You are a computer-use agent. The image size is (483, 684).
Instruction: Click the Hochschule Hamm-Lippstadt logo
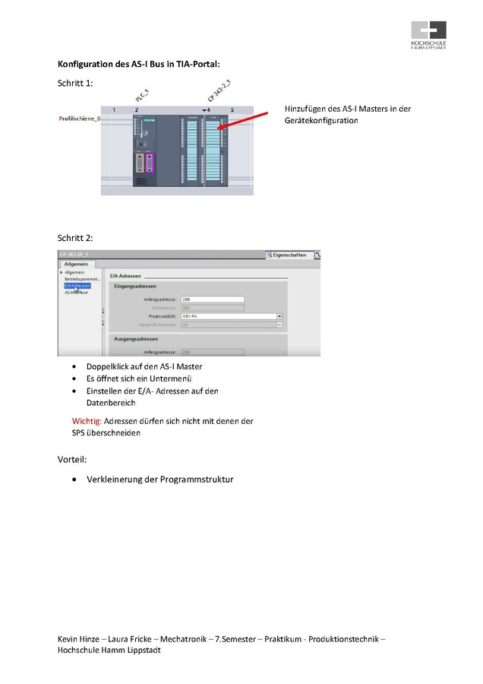coord(428,33)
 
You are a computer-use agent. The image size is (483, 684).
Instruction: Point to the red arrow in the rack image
coord(244,121)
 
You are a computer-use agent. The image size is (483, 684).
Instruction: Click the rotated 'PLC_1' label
coord(142,95)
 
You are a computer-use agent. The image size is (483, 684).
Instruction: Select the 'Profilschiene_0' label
coord(80,119)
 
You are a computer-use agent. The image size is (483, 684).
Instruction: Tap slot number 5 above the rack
coord(232,110)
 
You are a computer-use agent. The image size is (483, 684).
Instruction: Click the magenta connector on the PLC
coord(150,163)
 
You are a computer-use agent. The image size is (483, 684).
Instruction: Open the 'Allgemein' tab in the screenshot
coord(75,264)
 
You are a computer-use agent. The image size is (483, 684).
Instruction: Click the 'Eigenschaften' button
coord(289,255)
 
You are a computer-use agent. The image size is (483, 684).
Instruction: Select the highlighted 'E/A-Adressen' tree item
coord(77,286)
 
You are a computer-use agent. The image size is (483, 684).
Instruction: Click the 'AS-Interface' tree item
coord(76,292)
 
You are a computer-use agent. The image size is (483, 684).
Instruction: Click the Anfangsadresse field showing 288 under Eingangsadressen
coord(212,299)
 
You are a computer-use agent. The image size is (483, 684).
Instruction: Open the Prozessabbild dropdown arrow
coord(279,315)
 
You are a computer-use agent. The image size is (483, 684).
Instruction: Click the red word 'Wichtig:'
coord(87,420)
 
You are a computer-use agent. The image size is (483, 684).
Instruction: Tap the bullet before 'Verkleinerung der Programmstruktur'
coord(74,480)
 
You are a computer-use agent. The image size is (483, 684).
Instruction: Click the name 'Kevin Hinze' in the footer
coord(78,639)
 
